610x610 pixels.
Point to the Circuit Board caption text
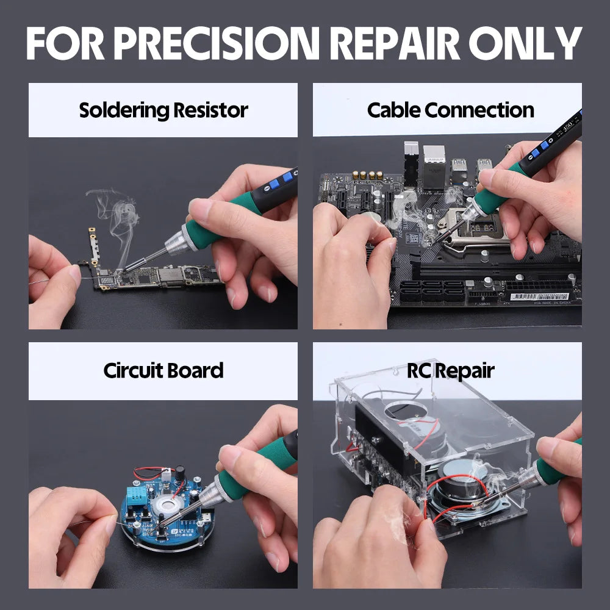pos(163,370)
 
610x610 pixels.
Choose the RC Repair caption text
pos(450,370)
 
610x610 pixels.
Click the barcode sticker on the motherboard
pos(537,296)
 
